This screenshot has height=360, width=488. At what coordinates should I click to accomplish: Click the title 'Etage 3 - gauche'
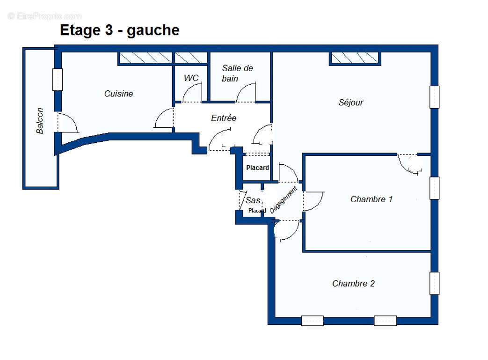tap(119, 30)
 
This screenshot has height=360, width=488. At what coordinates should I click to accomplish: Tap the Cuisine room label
tap(118, 94)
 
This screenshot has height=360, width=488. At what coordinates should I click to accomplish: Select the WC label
tap(191, 78)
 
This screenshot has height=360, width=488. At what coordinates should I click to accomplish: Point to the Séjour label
tap(350, 103)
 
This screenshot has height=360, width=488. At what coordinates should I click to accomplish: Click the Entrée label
tap(223, 118)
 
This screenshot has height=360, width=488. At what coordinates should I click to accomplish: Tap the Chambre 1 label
tap(371, 199)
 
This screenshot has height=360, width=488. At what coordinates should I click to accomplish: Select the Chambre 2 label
tap(353, 284)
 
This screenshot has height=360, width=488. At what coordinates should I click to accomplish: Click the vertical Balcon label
tap(40, 121)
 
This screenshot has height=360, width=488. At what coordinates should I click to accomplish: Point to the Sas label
tap(253, 200)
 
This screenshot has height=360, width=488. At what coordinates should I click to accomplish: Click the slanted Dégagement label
tap(284, 200)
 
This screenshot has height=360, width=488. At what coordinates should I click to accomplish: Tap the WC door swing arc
tap(192, 93)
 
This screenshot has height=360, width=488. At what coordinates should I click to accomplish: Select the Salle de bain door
tap(246, 92)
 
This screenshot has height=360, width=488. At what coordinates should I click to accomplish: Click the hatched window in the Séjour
tap(355, 58)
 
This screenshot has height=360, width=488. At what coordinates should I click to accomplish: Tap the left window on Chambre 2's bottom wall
tap(312, 321)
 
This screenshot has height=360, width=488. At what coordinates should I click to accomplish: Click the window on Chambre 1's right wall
tap(435, 188)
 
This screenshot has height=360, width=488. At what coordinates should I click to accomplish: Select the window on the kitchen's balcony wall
tap(58, 80)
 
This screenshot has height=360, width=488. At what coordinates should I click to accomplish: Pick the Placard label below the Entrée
tap(257, 168)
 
